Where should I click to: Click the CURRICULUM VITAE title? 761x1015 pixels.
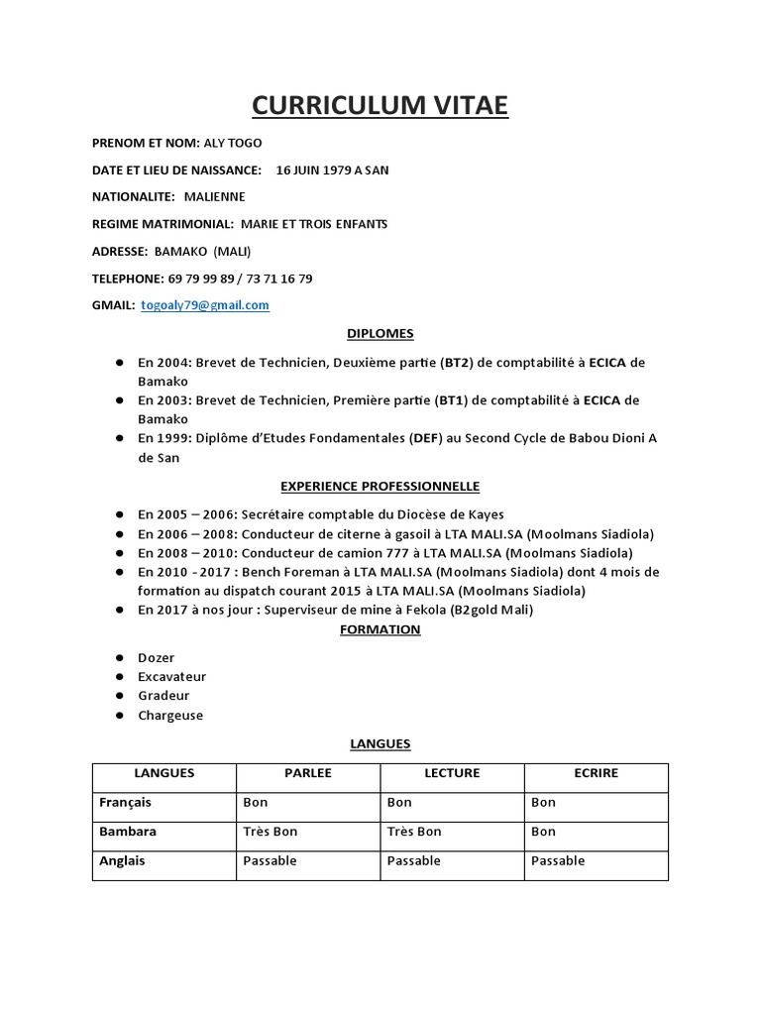point(380,105)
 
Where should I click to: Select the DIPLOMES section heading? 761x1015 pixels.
point(380,334)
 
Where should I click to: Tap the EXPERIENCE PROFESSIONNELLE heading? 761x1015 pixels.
point(380,487)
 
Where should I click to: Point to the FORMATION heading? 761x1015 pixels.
point(380,629)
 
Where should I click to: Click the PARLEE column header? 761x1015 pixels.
point(308,773)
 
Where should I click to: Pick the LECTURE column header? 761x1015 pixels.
point(452,773)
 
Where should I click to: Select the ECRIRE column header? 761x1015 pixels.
point(596,773)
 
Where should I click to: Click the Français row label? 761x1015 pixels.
point(126,803)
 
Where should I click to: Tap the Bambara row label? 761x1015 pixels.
point(128,832)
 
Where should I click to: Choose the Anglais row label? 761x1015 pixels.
point(122,861)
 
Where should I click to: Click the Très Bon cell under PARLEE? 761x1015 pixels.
point(271,832)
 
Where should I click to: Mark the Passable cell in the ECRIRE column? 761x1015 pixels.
point(558,861)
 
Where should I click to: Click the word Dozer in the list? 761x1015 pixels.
point(156,658)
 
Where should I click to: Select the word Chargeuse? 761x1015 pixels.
point(170,716)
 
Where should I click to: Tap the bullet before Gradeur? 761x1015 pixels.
point(118,696)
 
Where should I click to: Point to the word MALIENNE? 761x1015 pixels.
point(215,197)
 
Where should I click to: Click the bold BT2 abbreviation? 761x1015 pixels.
point(458,363)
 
